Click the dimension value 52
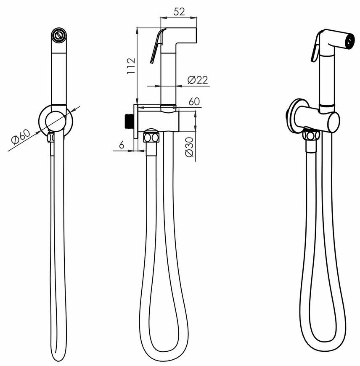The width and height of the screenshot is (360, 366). (179, 11)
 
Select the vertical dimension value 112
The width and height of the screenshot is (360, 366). (131, 66)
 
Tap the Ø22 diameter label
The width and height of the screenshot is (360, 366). (197, 80)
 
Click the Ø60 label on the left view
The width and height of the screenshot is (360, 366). (21, 137)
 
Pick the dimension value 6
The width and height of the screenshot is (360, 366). (122, 145)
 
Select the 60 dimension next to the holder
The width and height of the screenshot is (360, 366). (194, 101)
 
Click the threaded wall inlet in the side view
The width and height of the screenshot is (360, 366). (129, 122)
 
